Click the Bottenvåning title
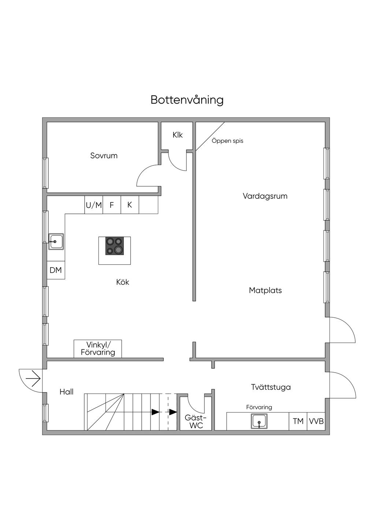pos(187,100)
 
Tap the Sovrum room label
pos(104,156)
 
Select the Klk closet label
pos(178,135)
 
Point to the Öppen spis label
pos(227,141)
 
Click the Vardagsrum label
pos(265,196)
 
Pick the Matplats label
pos(266,290)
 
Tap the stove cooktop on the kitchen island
pos(114,246)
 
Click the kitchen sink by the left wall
pos(56,242)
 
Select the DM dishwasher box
pos(56,270)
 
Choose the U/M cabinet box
pos(94,205)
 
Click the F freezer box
pos(112,205)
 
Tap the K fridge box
pos(130,205)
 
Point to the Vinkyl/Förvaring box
pos(98,349)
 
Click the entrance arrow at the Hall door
pos(33,379)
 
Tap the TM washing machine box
pos(298,421)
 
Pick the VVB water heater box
pos(316,421)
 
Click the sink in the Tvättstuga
pos(259,421)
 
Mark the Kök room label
pos(123,282)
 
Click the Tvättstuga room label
pos(271,387)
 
